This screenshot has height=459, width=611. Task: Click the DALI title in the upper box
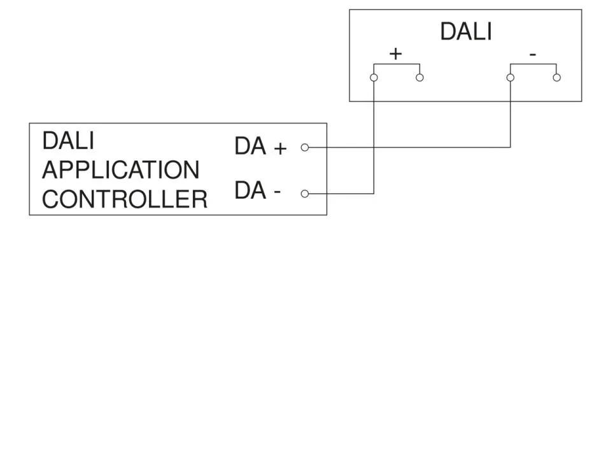point(466,31)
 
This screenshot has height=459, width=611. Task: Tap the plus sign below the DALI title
point(395,54)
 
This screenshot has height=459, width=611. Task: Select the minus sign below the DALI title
point(533,55)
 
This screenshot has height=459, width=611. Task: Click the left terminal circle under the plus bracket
point(374,78)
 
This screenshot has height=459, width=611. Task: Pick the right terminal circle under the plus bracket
point(419,78)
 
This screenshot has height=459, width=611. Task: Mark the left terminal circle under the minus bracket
point(510,78)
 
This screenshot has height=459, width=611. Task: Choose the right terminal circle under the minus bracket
point(557,78)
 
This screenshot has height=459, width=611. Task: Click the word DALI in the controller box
point(68,140)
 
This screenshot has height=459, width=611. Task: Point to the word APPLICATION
point(121,170)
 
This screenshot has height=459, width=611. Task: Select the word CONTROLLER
point(125,199)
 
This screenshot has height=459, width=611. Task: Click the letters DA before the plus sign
point(250,147)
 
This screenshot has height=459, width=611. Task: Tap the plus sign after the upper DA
point(280,149)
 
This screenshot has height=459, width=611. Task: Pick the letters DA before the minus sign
point(250,191)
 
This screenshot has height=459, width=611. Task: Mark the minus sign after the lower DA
point(277,192)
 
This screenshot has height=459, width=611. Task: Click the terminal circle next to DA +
point(305,147)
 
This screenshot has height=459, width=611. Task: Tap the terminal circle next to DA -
point(305,194)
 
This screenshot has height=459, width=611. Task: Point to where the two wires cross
point(374,147)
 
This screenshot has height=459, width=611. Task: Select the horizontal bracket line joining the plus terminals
point(397,64)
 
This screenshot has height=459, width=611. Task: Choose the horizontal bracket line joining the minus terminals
point(533,64)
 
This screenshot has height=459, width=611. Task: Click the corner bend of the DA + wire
point(510,147)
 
